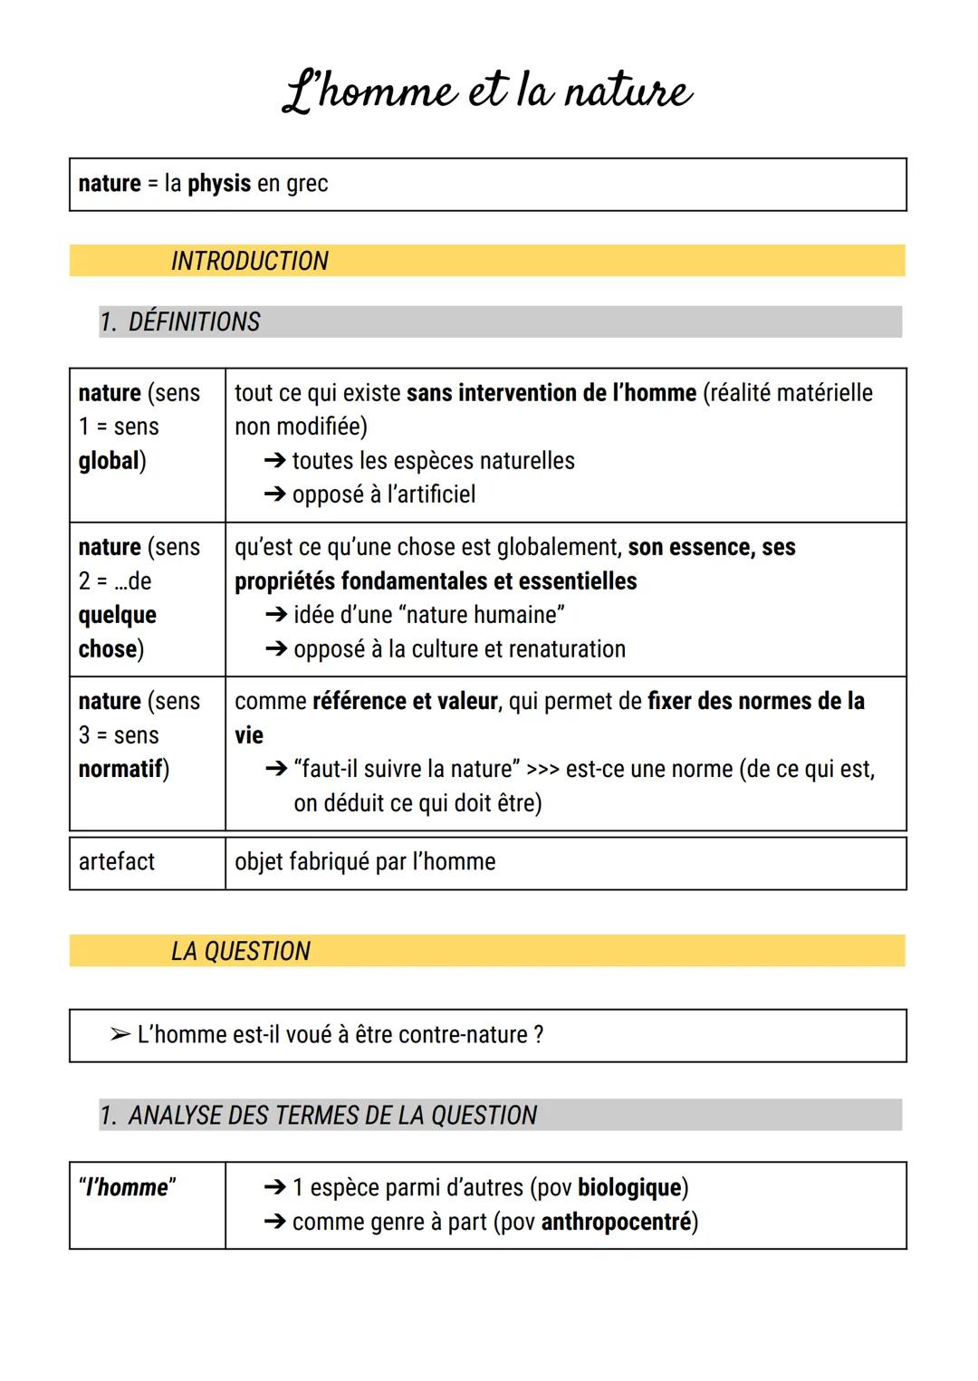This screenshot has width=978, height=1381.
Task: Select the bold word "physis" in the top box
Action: (219, 184)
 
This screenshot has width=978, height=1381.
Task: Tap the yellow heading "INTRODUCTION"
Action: (249, 261)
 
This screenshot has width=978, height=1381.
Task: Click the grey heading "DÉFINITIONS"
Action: (194, 322)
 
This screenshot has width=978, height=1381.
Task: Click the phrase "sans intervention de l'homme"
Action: (551, 393)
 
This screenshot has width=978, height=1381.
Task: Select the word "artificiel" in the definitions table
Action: (431, 494)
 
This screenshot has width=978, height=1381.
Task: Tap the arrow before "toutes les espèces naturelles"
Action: (274, 461)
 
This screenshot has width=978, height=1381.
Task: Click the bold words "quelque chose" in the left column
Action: (117, 632)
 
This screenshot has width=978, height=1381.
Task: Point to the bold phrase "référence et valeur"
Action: (405, 701)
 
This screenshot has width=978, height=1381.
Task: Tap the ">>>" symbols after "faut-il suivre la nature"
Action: (542, 770)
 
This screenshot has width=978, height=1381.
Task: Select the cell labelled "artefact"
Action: (117, 862)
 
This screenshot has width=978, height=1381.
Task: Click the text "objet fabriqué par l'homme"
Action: (365, 862)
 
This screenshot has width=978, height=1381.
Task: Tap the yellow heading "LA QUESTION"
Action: (240, 951)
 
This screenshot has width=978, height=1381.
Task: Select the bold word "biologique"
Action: (629, 1188)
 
